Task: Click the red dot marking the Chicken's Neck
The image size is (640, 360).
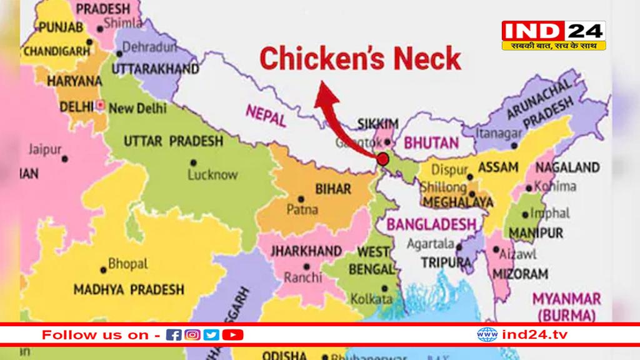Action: tap(382, 159)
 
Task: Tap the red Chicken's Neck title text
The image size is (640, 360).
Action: tap(360, 59)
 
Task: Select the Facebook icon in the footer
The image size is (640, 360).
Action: tap(175, 335)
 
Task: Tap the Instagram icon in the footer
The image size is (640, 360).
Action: tap(193, 335)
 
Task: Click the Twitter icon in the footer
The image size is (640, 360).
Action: tap(212, 335)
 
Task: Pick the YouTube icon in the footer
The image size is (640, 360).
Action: tap(232, 335)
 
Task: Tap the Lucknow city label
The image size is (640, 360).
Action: tap(213, 175)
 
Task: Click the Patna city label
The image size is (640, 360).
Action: tap(302, 209)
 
